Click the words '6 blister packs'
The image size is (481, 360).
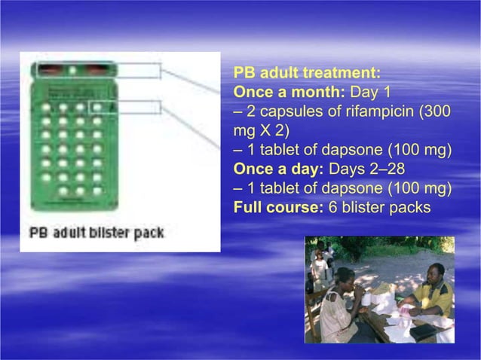pos(380,205)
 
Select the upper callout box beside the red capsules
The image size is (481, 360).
pos(139,71)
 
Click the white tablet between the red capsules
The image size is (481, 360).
pos(73,71)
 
